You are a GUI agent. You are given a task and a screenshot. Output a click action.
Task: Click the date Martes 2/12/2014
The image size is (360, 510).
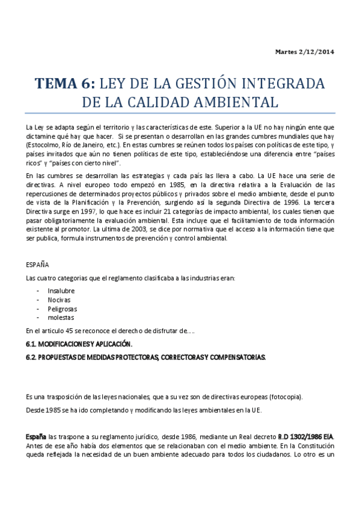click(x=304, y=52)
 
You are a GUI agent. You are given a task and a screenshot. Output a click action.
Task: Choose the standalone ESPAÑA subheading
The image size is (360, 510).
click(x=38, y=264)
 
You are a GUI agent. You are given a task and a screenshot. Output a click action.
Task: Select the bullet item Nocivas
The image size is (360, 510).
click(x=59, y=300)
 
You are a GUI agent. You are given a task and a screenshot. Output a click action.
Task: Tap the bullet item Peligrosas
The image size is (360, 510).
click(x=63, y=309)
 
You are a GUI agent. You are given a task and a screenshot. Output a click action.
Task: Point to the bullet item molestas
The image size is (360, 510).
click(x=61, y=318)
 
